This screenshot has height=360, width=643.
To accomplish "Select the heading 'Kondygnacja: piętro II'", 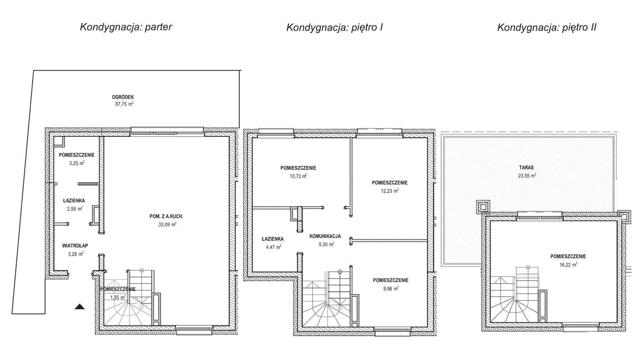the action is click(547, 28).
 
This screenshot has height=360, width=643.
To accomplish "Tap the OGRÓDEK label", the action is click(123, 97).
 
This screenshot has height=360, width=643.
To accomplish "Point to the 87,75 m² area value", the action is click(124, 104).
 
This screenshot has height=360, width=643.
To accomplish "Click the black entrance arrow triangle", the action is click(80, 306).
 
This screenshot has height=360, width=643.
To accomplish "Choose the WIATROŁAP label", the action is click(75, 246).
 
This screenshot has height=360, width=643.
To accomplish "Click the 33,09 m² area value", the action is click(167, 224).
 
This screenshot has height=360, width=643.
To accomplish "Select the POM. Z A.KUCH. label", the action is click(166, 216).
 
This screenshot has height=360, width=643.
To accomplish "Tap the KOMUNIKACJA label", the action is click(325, 236).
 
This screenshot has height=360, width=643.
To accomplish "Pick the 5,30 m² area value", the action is click(327, 244).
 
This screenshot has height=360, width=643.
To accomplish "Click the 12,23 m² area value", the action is click(390, 191).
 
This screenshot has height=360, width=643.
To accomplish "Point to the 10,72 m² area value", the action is click(298, 176).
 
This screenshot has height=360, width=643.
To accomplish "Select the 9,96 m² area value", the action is click(391, 288).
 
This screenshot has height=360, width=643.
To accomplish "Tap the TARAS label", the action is click(527, 167).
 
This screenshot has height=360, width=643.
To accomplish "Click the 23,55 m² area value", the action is click(527, 175).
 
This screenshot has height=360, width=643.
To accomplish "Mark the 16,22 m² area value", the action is click(568, 265).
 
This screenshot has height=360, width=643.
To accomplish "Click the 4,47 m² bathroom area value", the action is click(274, 246).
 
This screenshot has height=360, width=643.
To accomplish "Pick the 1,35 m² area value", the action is click(118, 297).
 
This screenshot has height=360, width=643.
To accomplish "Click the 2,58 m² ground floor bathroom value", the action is click(75, 209).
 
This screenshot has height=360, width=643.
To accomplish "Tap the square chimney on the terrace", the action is click(483, 207).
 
